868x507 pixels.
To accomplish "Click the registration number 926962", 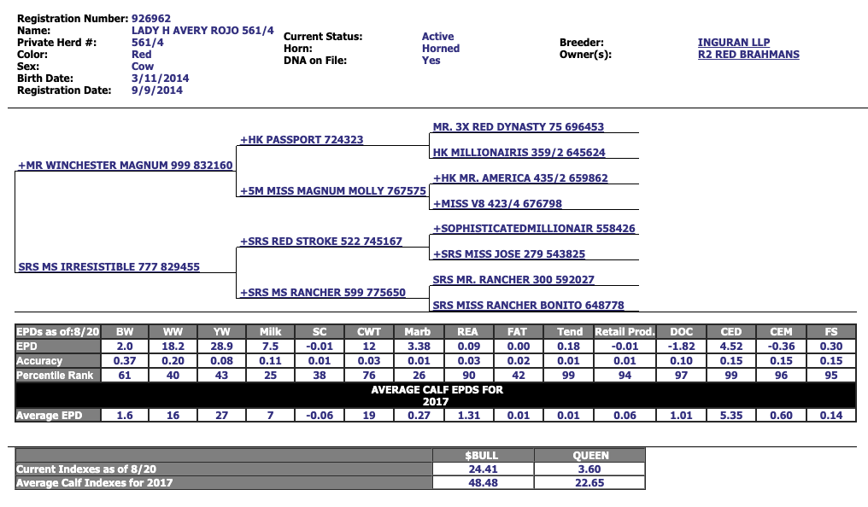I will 151,18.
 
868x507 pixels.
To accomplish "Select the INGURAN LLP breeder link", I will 734,42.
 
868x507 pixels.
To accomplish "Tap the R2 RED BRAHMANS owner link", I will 748,55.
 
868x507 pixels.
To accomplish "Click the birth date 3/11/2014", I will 161,78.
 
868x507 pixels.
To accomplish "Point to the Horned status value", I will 440,49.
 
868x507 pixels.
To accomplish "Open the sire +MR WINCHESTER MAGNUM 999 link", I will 126,166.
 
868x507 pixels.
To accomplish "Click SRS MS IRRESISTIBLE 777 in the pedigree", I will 109,267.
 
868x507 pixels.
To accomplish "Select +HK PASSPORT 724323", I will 302,140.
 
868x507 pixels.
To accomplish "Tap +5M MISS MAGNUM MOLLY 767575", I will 332,191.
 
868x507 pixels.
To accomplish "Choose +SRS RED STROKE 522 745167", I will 321,242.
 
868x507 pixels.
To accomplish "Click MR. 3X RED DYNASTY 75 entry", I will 518,127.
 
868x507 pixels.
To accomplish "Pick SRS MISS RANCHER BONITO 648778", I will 528,306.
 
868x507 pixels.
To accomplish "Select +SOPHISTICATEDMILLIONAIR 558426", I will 534,229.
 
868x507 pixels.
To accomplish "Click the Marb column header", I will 419,332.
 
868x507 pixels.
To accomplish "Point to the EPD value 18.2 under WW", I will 173,347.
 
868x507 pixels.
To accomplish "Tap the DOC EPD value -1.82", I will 681,347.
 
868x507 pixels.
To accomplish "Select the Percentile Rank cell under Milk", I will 270,376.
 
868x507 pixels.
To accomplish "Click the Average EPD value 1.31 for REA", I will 468,416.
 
